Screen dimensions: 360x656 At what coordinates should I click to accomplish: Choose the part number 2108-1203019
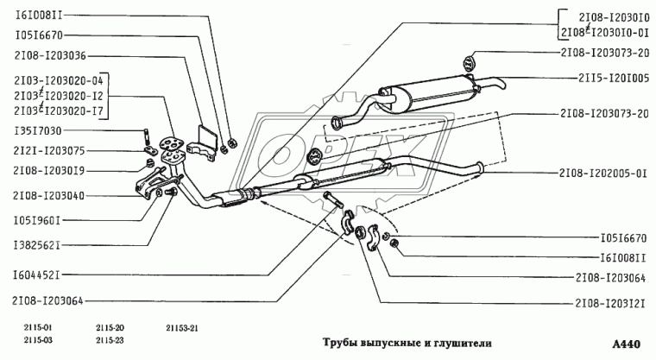click(49, 171)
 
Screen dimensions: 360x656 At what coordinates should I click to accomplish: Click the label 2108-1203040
click(49, 196)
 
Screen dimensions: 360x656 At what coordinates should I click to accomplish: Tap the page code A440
click(626, 344)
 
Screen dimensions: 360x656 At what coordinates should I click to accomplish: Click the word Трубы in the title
click(341, 341)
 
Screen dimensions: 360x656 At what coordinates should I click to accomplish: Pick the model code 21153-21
click(181, 328)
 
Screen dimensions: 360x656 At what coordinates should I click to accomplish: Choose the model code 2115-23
click(110, 341)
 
